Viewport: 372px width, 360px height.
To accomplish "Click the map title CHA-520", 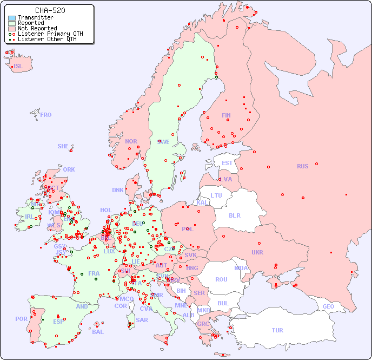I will (x=50, y=10).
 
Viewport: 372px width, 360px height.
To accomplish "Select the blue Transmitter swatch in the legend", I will (x=12, y=18).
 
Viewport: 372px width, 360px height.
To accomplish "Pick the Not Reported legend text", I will (x=37, y=28).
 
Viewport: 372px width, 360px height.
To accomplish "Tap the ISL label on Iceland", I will (x=18, y=67).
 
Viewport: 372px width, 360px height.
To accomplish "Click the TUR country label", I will (x=277, y=330).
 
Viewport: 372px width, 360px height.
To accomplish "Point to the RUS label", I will (x=302, y=166).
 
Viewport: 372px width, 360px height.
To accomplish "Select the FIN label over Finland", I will (x=226, y=115).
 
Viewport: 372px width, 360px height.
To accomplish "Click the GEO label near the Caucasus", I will (x=328, y=306).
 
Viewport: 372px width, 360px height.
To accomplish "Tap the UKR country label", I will (x=257, y=252).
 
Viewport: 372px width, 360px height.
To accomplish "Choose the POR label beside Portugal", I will (x=21, y=319).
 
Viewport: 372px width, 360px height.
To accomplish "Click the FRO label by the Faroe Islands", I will (x=46, y=115).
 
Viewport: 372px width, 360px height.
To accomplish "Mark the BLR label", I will (x=234, y=215).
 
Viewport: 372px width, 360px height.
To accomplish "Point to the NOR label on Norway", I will (x=131, y=141).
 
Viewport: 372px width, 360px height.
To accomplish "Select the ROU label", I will (x=221, y=279).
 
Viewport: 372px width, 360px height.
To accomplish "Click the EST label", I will (x=227, y=163).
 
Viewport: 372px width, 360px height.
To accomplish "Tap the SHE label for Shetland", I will (x=63, y=146).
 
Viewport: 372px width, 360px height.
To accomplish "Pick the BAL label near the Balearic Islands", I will (x=98, y=332).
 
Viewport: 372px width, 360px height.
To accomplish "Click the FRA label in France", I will (x=94, y=273).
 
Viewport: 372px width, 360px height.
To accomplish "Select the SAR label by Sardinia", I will (x=142, y=320).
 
